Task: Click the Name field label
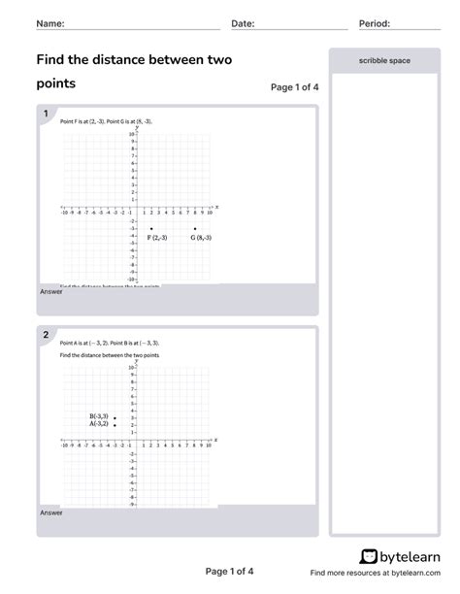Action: pos(50,22)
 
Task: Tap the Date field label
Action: pos(243,22)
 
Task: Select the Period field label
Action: pos(374,22)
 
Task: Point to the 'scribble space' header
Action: pos(384,60)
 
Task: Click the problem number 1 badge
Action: pos(45,114)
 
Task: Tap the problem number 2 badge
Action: pos(45,335)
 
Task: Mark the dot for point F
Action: pos(151,229)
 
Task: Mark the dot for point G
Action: pos(195,229)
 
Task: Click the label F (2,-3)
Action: pos(156,238)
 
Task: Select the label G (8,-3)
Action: pos(201,238)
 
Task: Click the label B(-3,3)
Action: pos(99,416)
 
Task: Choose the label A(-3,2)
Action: pos(99,424)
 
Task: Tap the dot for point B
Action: pos(115,417)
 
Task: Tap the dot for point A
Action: pos(115,425)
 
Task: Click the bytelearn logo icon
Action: pos(369,557)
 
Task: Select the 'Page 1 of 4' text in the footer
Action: pos(229,572)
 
